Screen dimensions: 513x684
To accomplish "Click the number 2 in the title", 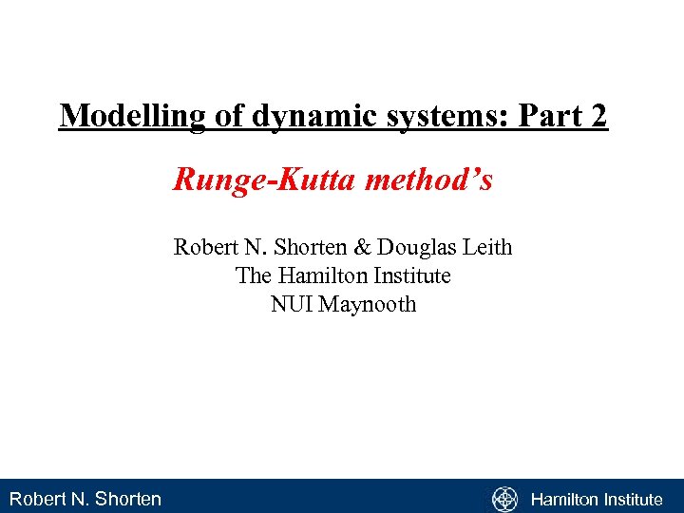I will pyautogui.click(x=597, y=116).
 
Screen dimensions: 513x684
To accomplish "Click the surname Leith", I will pyautogui.click(x=485, y=248).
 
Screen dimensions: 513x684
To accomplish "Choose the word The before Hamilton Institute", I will pyautogui.click(x=254, y=276).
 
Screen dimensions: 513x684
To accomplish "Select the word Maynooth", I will pyautogui.click(x=368, y=305).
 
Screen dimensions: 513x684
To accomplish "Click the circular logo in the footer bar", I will pyautogui.click(x=504, y=499).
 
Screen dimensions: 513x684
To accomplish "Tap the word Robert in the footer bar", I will pyautogui.click(x=35, y=499).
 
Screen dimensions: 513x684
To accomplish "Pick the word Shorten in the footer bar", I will pyautogui.click(x=126, y=499).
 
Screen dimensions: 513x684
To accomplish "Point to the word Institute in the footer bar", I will pyautogui.click(x=635, y=499).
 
